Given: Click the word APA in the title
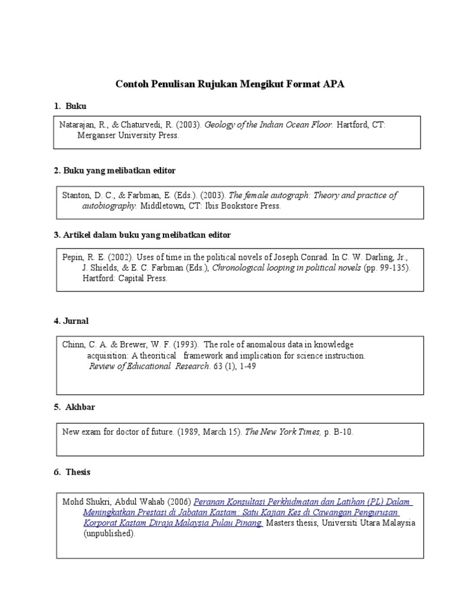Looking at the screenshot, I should point(334,84).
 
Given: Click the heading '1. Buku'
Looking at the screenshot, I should point(70,106).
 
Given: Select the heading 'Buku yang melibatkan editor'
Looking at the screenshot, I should point(119,171).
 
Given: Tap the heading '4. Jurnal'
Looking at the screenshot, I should point(71,321).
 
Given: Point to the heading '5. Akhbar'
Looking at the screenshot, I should point(74,407).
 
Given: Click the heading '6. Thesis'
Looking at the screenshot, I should point(72,472).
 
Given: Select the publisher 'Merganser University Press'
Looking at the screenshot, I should point(128,136).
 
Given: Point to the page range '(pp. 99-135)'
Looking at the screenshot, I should point(387,268).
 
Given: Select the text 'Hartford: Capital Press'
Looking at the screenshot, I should point(125,279).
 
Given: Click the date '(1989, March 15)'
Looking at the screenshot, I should point(210,431).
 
